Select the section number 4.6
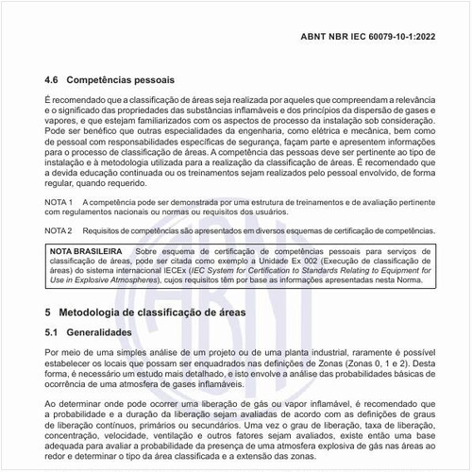coord(54,82)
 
